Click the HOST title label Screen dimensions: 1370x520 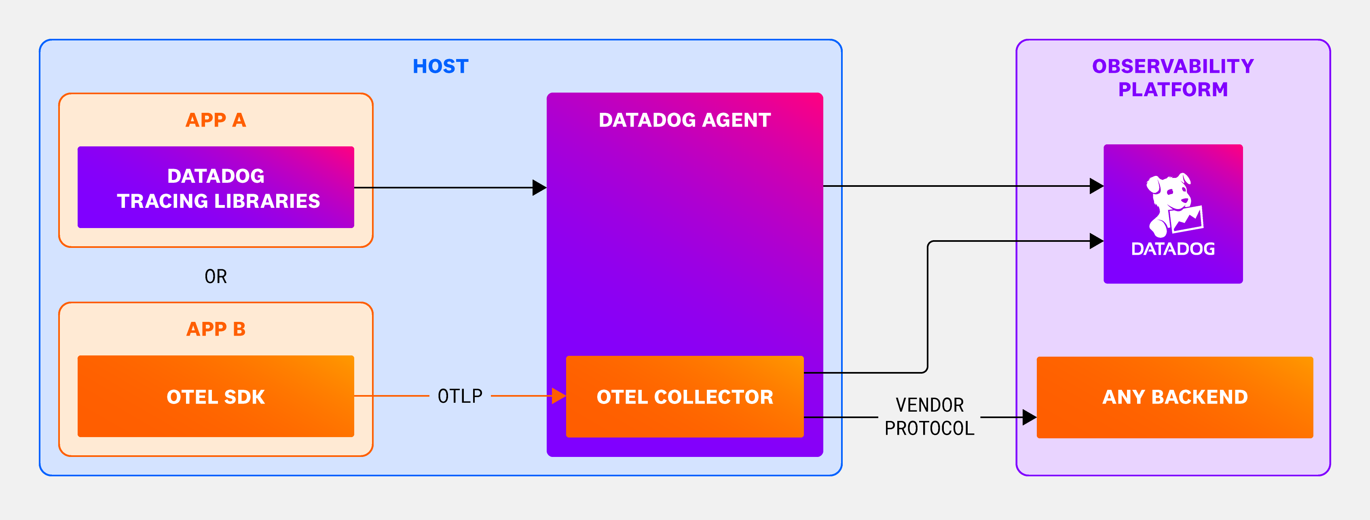click(x=440, y=66)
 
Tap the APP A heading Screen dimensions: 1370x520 click(x=216, y=120)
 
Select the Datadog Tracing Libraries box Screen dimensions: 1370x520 click(x=216, y=187)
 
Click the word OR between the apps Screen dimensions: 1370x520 click(x=216, y=277)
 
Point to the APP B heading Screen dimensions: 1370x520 click(x=216, y=329)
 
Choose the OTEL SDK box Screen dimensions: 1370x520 click(x=216, y=396)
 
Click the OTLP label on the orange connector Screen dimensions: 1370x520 click(x=460, y=396)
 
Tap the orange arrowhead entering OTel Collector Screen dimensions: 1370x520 click(x=559, y=396)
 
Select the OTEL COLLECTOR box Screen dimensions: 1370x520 click(x=685, y=397)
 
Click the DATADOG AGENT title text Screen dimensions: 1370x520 click(x=685, y=120)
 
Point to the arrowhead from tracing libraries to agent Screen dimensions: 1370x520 click(x=539, y=188)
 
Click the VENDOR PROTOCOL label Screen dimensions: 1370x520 click(x=929, y=417)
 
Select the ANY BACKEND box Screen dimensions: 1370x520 click(x=1175, y=397)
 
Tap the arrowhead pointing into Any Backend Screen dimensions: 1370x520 click(x=1030, y=417)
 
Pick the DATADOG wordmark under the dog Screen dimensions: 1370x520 click(x=1173, y=249)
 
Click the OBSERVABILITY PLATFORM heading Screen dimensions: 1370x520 click(x=1173, y=78)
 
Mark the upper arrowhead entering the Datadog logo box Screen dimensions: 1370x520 click(x=1097, y=186)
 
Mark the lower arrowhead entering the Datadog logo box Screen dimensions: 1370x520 click(x=1097, y=241)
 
